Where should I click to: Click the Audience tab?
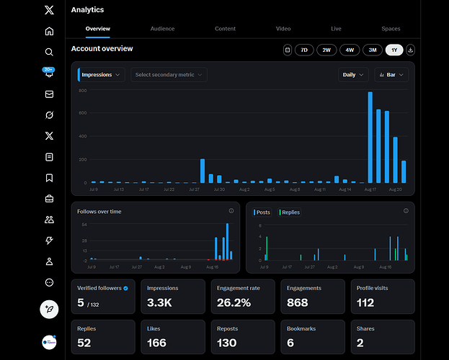click(162, 29)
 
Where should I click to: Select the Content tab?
click(225, 29)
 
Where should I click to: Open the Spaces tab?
click(391, 29)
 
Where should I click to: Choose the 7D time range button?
click(304, 50)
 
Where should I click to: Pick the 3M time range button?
click(372, 50)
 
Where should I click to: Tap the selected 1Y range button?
click(394, 50)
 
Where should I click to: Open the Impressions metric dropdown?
click(102, 75)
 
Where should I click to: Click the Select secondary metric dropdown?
click(169, 75)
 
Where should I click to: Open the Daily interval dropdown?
click(353, 75)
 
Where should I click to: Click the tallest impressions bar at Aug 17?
click(370, 137)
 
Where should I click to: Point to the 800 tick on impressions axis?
click(82, 91)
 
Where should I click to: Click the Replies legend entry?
click(290, 212)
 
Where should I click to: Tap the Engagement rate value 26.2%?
click(235, 303)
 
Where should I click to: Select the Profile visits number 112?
click(367, 303)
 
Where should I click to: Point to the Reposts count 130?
click(228, 343)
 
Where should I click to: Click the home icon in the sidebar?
click(49, 31)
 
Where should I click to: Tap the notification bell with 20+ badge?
click(49, 73)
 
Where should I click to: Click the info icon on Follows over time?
click(231, 211)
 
